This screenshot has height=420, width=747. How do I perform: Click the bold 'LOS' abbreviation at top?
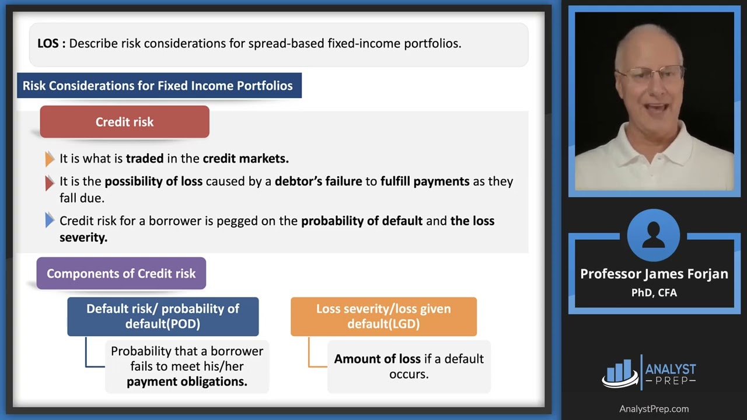coord(51,43)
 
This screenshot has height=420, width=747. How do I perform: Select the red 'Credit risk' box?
coord(124,122)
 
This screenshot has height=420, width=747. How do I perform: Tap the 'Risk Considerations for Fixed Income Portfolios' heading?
coord(158,86)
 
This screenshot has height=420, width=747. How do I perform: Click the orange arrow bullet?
coord(50,159)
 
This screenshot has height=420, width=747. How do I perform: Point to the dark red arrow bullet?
coord(50,183)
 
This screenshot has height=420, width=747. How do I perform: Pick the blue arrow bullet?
coord(50,220)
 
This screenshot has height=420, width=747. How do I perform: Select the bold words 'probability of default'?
coord(361,221)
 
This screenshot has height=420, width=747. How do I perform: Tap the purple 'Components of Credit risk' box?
coord(121,274)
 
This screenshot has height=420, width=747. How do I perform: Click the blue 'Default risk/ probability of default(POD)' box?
coord(163,316)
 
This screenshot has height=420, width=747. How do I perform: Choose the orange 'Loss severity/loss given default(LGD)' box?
coord(383,316)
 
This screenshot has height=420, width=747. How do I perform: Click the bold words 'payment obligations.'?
coord(187,382)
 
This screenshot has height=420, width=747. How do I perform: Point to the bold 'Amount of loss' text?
coord(376,359)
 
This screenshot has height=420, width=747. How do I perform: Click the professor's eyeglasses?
coord(651,74)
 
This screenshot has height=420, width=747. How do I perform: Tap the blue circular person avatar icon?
coord(653,236)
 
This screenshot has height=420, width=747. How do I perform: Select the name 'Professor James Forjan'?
coord(654,274)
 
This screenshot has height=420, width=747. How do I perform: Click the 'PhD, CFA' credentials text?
coord(654,293)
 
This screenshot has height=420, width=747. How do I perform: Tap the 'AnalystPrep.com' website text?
coord(654,409)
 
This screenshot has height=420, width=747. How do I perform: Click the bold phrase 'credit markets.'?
coord(245,159)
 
